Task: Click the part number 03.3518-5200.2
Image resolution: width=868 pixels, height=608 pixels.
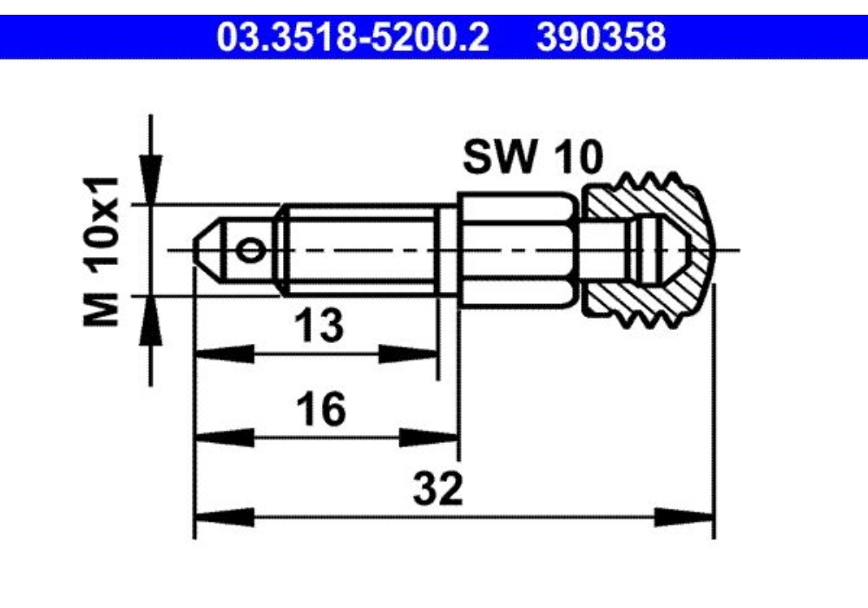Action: (x=352, y=37)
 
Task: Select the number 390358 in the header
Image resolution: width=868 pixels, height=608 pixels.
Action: (x=601, y=37)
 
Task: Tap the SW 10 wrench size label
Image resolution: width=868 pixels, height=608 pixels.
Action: (x=533, y=157)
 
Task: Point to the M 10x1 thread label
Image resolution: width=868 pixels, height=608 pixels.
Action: (x=102, y=251)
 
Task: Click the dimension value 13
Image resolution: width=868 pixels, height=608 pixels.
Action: (x=319, y=326)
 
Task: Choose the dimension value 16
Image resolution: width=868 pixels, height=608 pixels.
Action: (x=321, y=410)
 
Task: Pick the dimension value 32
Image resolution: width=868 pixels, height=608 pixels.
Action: (x=437, y=488)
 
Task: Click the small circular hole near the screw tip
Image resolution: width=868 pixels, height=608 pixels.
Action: (x=250, y=251)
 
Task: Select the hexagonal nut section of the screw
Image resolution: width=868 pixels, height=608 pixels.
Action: (x=519, y=249)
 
